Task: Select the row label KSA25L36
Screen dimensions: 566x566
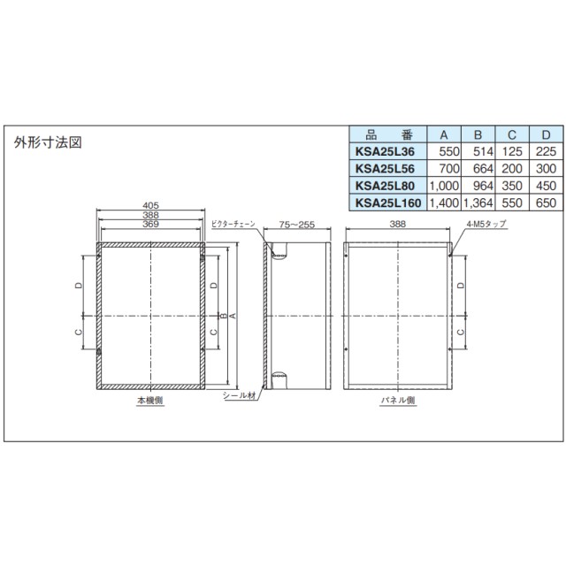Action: pyautogui.click(x=383, y=152)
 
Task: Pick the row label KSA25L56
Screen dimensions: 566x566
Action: pyautogui.click(x=383, y=169)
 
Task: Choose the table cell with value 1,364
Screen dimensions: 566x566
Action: pyautogui.click(x=478, y=203)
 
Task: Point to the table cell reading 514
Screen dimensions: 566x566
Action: pyautogui.click(x=478, y=152)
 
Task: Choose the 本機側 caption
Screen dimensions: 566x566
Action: pyautogui.click(x=149, y=402)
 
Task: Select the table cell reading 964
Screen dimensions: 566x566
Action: pyautogui.click(x=478, y=186)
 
